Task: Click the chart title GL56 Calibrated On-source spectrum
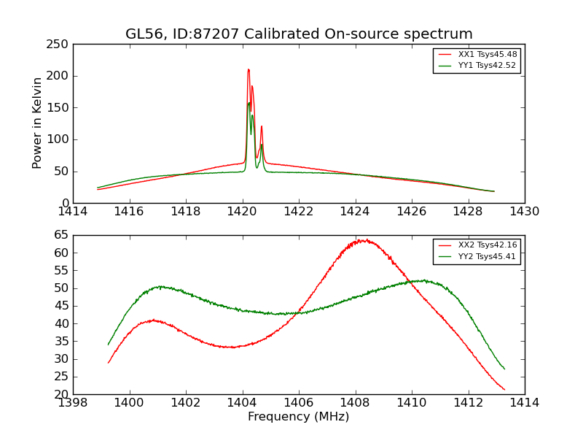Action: (299, 34)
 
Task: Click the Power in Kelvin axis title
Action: (38, 123)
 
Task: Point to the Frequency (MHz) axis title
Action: (299, 417)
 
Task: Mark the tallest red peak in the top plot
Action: (249, 69)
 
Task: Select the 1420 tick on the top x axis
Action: (242, 212)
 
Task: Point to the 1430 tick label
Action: (525, 212)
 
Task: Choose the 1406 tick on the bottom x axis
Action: (299, 403)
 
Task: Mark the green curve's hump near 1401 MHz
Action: (160, 286)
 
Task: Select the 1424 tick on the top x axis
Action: (355, 212)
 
